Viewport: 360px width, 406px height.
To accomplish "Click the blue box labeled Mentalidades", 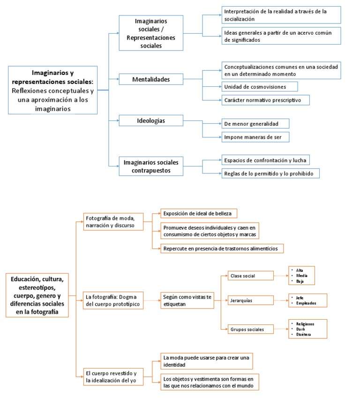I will tap(150, 80).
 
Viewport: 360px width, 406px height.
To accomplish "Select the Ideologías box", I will tap(150, 120).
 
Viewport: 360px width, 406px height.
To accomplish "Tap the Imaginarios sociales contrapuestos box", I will tap(150, 166).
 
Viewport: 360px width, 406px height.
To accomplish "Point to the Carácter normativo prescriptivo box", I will tap(265, 100).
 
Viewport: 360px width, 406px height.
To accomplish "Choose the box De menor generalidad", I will tap(255, 123).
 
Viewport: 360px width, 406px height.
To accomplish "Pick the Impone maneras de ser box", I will tap(255, 137).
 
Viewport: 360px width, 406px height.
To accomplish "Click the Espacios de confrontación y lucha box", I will tap(265, 160).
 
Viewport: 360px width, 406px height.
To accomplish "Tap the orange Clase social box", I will tap(250, 276).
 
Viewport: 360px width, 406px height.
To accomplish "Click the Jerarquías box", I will tap(250, 300).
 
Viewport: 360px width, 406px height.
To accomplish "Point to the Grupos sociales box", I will tap(250, 329).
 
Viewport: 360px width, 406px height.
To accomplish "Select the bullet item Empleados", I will tap(306, 303).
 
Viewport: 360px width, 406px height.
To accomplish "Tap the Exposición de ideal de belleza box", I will tap(199, 214).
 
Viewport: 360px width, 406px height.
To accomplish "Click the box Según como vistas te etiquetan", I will tap(187, 300).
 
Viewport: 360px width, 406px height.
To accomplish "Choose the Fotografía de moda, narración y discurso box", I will tap(110, 221).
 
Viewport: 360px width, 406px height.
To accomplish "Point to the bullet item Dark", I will tap(301, 329).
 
